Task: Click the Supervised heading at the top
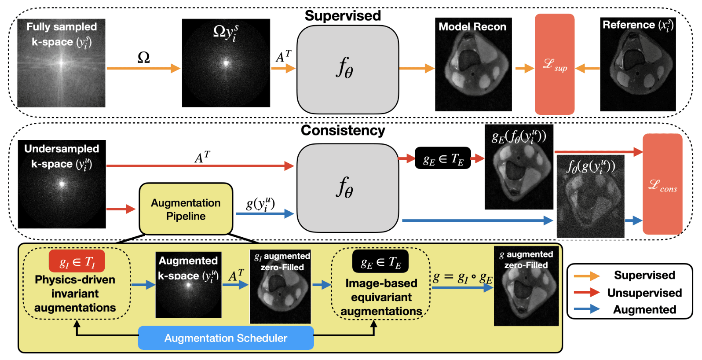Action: coord(343,16)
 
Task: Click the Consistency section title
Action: coord(343,130)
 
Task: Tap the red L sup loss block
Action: coord(554,64)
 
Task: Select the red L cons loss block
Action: coord(662,184)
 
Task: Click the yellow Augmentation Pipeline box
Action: coord(186,209)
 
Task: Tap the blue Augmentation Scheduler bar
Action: coord(226,338)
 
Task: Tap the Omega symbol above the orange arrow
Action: coord(143,57)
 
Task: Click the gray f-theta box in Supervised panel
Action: coord(347,70)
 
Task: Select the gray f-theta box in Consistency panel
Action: coord(347,188)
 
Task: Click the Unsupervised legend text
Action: coord(644,293)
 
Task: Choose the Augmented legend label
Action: coord(644,309)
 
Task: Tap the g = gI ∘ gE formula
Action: coord(462,278)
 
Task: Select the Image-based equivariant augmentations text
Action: coord(381,297)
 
